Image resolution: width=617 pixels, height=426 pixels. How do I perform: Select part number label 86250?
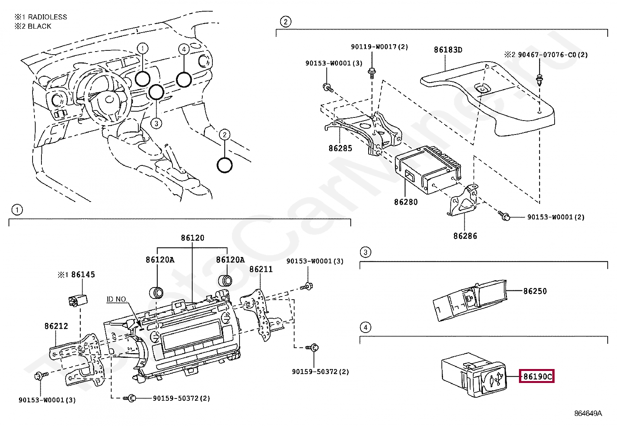(x=535, y=291)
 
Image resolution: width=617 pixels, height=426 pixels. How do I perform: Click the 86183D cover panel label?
(x=448, y=50)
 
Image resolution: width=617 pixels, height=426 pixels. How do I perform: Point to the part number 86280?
(x=406, y=202)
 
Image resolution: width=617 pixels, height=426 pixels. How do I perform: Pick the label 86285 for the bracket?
(x=340, y=148)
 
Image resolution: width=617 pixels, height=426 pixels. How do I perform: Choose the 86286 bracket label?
(x=465, y=236)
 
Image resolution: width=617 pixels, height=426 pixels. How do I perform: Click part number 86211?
(x=261, y=269)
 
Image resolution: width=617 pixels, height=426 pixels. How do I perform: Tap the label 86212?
(x=56, y=326)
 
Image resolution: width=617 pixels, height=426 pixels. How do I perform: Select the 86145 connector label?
(x=83, y=274)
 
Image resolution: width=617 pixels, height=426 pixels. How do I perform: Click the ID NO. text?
(x=116, y=299)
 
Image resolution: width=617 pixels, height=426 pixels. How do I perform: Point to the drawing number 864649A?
(x=588, y=414)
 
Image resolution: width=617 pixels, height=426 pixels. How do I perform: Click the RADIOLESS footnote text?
(x=47, y=17)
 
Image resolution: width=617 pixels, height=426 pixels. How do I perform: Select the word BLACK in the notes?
(x=40, y=26)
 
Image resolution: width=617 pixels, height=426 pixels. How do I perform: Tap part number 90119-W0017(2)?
(x=379, y=47)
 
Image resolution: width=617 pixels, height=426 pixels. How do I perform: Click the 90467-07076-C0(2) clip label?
(x=553, y=55)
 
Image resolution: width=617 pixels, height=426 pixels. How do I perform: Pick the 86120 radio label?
(x=193, y=238)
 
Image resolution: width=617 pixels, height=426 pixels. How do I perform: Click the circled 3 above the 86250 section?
(x=365, y=252)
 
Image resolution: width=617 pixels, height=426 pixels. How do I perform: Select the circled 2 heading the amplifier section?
(x=285, y=21)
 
